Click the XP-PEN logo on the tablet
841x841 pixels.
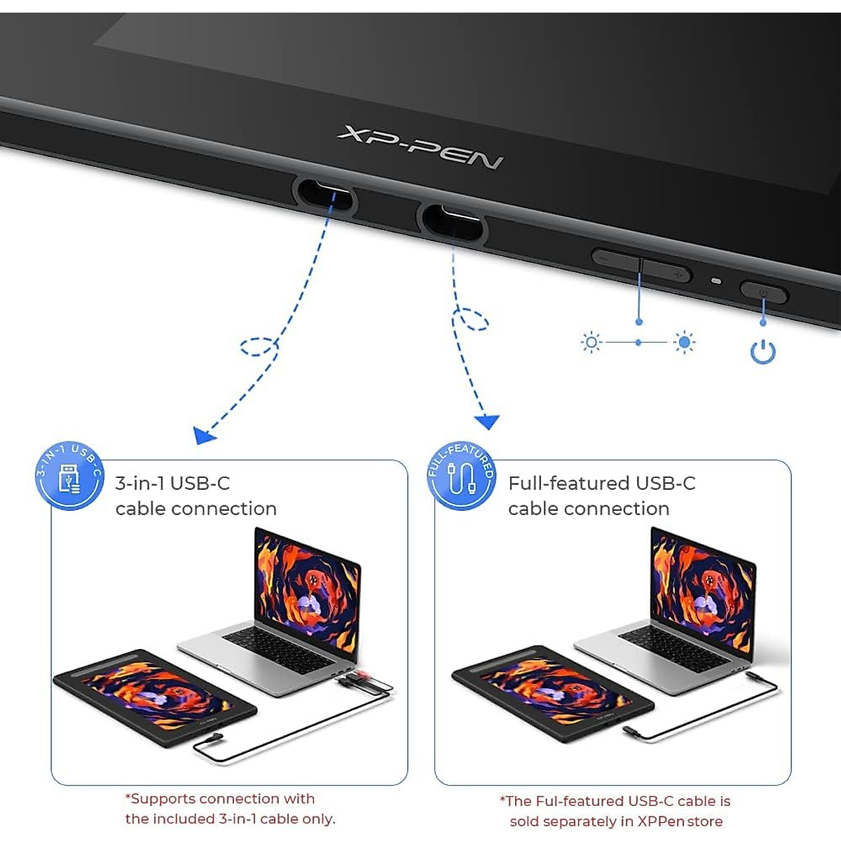[420, 147]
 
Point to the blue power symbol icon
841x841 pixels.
[763, 351]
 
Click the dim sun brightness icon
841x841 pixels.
[592, 342]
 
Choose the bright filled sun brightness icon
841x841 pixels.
[685, 342]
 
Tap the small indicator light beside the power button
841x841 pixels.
[716, 281]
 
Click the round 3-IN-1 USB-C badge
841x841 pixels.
[69, 476]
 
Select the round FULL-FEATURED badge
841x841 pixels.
[462, 476]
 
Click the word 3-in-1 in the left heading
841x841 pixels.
[140, 484]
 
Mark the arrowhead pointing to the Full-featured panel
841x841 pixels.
[487, 421]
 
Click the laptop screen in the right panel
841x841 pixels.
[703, 588]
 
